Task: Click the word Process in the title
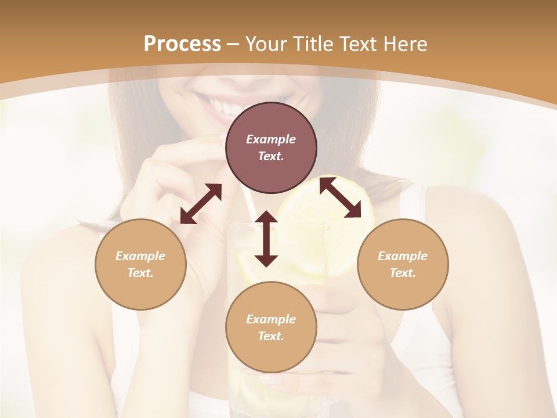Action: [182, 44]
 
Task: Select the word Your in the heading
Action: [264, 44]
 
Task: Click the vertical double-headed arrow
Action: [266, 239]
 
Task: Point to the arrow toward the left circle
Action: [201, 204]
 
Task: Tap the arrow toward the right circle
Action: [340, 197]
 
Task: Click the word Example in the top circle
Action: [271, 139]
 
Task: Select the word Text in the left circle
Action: [140, 273]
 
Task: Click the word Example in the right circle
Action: [403, 256]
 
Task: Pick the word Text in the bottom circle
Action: [271, 336]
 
